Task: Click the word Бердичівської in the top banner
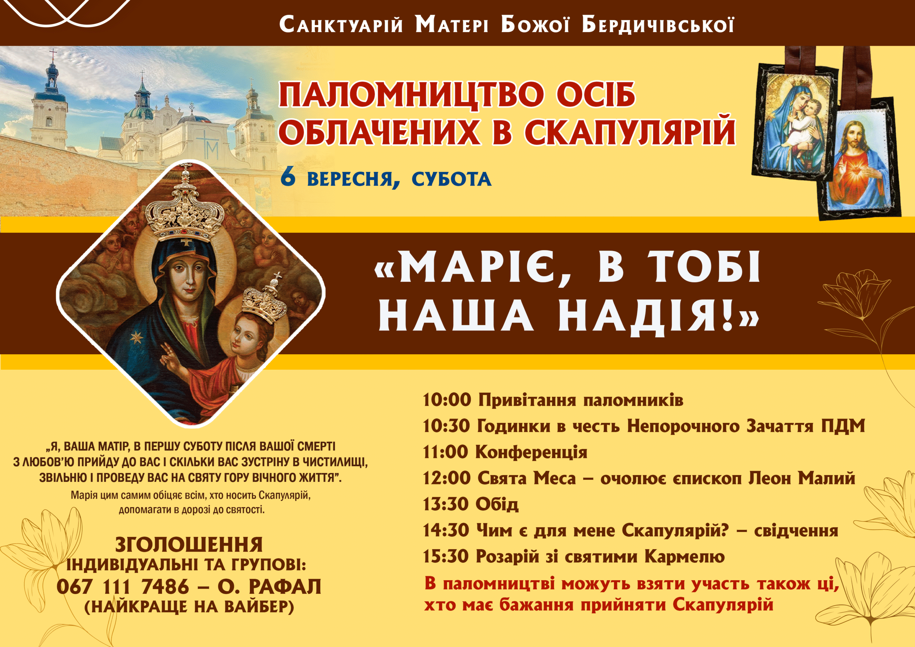click(658, 25)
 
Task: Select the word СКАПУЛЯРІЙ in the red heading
click(630, 131)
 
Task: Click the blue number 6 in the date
click(288, 178)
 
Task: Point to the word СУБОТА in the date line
click(451, 179)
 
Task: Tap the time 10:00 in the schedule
click(446, 400)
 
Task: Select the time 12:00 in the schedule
click(446, 478)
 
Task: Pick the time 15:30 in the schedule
click(446, 556)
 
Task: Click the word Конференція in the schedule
click(531, 453)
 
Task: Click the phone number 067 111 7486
click(123, 586)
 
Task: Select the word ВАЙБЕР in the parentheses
click(256, 606)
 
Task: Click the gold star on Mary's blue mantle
click(137, 338)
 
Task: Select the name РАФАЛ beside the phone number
click(285, 586)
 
